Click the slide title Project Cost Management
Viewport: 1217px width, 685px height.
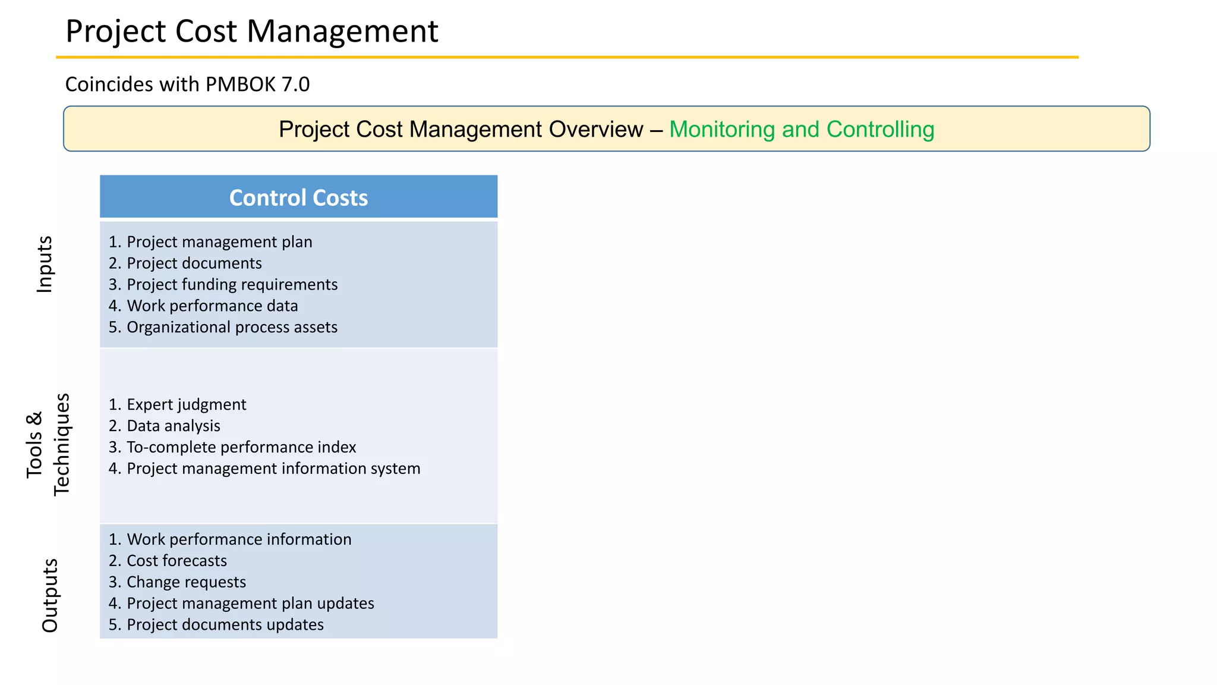pyautogui.click(x=251, y=31)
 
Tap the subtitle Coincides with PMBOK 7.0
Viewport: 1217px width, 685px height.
pyautogui.click(x=187, y=84)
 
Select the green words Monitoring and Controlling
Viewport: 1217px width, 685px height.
pyautogui.click(x=801, y=129)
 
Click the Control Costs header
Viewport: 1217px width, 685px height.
pyautogui.click(x=298, y=197)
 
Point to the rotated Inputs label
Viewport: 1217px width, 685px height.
pyautogui.click(x=45, y=264)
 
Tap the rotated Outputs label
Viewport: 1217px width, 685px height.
pyautogui.click(x=50, y=595)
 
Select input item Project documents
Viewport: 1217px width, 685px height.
pyautogui.click(x=194, y=263)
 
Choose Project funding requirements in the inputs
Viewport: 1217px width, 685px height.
pyautogui.click(x=232, y=285)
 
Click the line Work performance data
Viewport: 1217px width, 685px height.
pyautogui.click(x=212, y=306)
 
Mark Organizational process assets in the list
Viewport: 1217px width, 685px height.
pyautogui.click(x=232, y=328)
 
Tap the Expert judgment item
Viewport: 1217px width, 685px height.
pyautogui.click(x=186, y=405)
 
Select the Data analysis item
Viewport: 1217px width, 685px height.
pyautogui.click(x=173, y=426)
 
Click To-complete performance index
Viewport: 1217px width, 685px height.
pyautogui.click(x=241, y=447)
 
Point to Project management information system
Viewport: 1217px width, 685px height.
pyautogui.click(x=273, y=469)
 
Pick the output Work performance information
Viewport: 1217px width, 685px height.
pyautogui.click(x=239, y=539)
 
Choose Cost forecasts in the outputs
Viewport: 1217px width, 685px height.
pyautogui.click(x=176, y=561)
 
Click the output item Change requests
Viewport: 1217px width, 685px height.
pyautogui.click(x=186, y=582)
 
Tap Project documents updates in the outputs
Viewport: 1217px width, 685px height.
pyautogui.click(x=225, y=625)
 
